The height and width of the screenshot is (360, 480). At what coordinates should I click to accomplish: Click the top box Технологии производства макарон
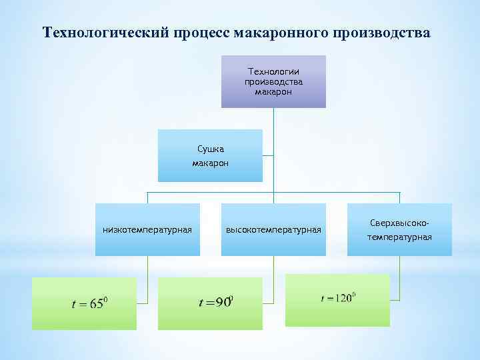(x=273, y=81)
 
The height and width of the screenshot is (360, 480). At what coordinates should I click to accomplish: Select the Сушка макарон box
(x=210, y=155)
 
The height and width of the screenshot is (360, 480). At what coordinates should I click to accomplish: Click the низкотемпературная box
(x=147, y=230)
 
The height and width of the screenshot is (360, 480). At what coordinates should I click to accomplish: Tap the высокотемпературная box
(x=273, y=230)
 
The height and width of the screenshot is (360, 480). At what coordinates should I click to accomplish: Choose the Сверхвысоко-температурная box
(x=399, y=230)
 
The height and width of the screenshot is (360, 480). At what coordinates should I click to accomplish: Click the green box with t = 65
(x=84, y=303)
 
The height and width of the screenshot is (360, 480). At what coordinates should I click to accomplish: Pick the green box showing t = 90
(x=210, y=303)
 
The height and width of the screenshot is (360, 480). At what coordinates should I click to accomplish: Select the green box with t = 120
(x=337, y=299)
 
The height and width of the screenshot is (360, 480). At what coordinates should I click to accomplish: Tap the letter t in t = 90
(x=201, y=303)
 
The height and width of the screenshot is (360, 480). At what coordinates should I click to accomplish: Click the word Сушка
(x=210, y=149)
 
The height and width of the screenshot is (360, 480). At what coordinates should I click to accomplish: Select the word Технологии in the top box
(x=273, y=71)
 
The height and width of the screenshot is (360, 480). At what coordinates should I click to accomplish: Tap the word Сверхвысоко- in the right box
(x=399, y=224)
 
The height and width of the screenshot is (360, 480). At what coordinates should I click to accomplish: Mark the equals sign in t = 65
(x=83, y=305)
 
